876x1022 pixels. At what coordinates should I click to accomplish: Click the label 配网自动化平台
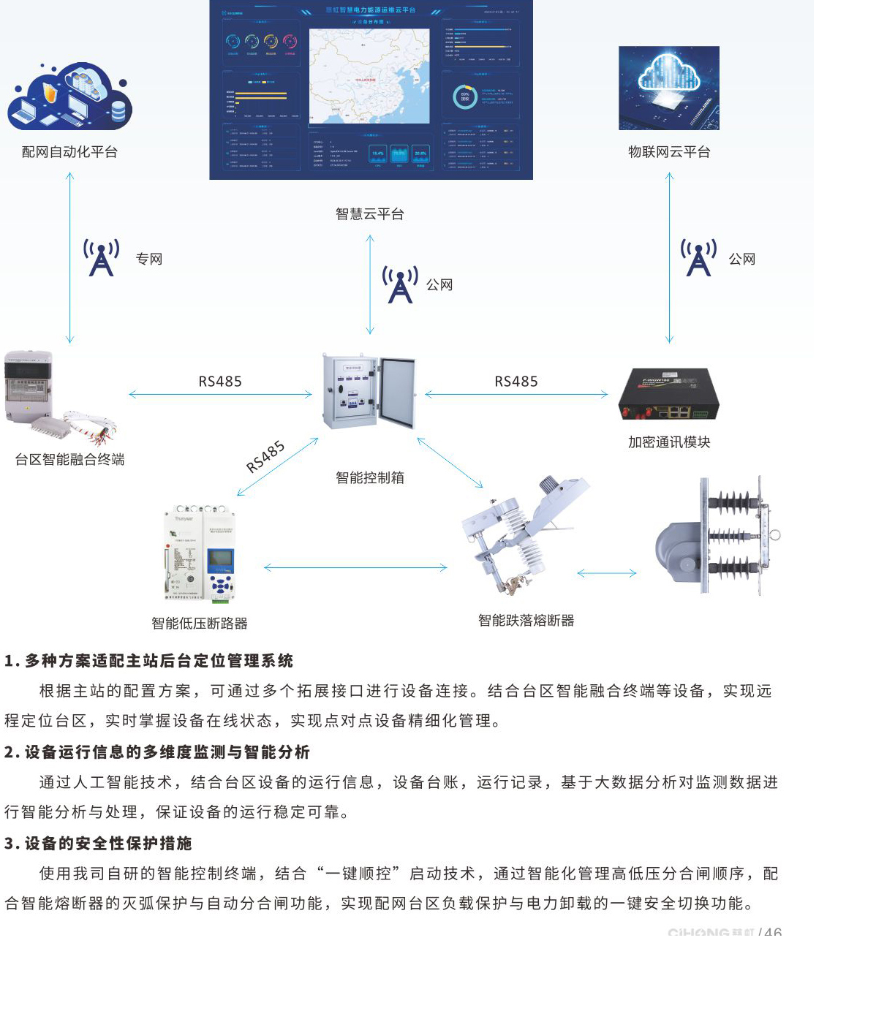[69, 152]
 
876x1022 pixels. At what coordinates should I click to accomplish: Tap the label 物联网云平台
[669, 152]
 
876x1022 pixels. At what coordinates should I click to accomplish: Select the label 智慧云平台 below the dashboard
[369, 214]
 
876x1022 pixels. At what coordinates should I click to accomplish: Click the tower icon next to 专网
[101, 257]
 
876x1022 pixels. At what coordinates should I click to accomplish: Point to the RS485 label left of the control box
[219, 382]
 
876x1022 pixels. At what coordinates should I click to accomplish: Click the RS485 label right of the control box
[516, 382]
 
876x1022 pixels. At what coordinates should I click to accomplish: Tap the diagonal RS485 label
[265, 457]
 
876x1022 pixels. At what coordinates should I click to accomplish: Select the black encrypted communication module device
[668, 395]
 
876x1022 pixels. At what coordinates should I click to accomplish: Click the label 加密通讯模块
[669, 442]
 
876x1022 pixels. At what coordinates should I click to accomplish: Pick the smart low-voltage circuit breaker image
[200, 553]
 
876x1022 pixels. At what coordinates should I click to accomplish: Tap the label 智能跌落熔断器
[526, 621]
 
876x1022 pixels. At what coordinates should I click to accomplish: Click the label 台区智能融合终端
[69, 460]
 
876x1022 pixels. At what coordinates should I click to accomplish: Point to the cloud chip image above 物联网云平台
[668, 88]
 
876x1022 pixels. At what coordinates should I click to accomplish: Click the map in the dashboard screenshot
[369, 76]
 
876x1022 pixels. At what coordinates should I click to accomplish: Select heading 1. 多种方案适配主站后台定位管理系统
[148, 661]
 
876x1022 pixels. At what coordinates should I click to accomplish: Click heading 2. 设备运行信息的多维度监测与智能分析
[157, 752]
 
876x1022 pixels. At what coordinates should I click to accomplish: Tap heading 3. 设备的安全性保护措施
[98, 844]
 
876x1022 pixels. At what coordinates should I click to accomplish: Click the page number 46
[773, 933]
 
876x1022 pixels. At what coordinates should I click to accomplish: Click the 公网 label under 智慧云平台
[439, 285]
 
